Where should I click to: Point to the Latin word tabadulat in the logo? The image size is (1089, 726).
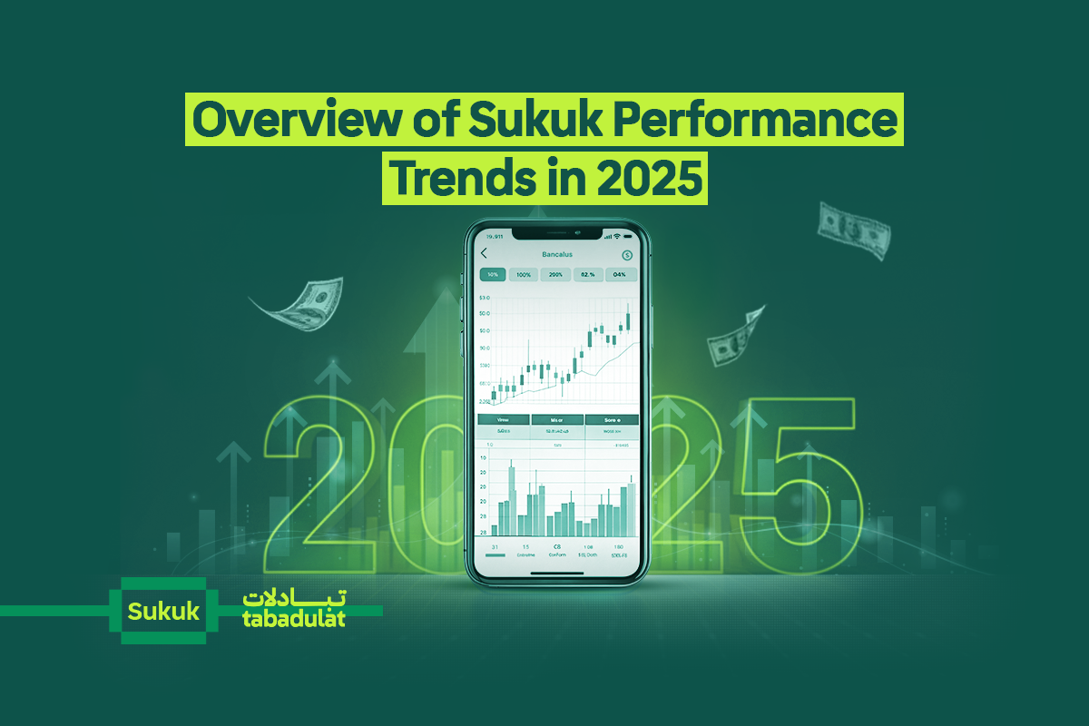294,619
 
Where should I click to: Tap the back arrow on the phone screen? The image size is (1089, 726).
484,254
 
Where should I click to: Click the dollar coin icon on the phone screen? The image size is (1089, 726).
627,255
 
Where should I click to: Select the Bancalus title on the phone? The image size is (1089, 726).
556,254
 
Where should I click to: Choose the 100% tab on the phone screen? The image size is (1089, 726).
524,274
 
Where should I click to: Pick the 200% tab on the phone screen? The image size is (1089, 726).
555,274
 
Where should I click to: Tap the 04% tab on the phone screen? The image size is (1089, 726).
620,274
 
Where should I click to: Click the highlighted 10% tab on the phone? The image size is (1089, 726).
492,274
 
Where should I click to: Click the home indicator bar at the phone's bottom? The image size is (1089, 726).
556,573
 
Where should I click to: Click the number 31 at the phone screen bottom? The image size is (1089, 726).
495,547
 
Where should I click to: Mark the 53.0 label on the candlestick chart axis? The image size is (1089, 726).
484,298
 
